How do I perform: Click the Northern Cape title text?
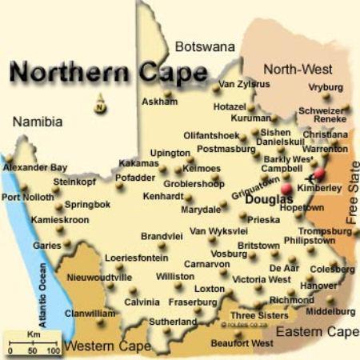click(107, 73)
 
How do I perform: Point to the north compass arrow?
click(99, 102)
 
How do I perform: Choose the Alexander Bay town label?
click(35, 168)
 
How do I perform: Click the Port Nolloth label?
click(29, 197)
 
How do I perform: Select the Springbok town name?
click(87, 205)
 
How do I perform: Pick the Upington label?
click(170, 153)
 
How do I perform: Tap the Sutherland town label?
click(172, 322)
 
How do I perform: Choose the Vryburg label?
click(326, 86)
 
